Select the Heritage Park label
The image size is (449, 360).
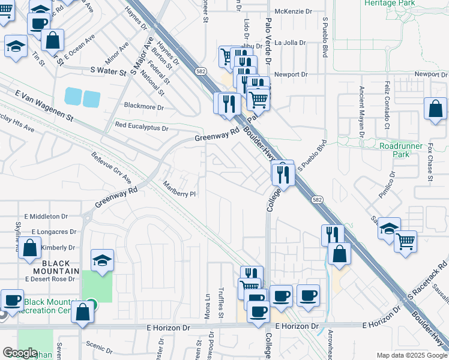point(390,4)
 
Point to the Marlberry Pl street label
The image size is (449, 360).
point(179,189)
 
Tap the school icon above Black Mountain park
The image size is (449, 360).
point(102,260)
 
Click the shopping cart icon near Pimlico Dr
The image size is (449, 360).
point(406,241)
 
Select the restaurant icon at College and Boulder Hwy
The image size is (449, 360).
point(282,173)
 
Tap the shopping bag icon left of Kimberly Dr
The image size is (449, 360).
point(29,247)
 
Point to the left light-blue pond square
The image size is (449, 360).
point(73,96)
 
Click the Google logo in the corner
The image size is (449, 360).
point(19,353)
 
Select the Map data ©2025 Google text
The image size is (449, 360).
point(412,355)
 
